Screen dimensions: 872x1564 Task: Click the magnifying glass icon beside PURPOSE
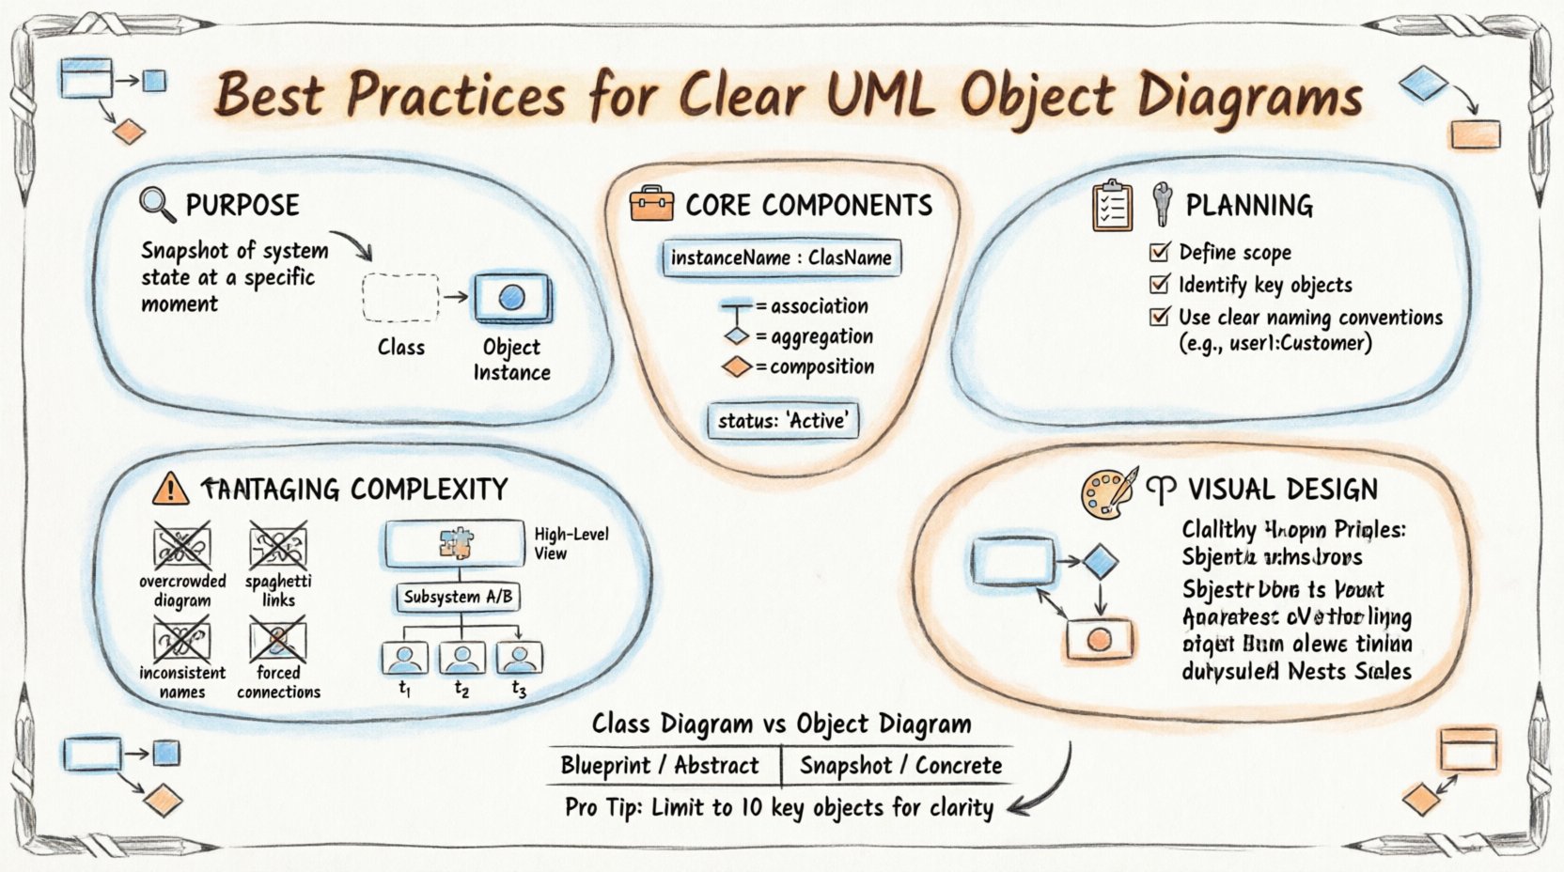pos(155,203)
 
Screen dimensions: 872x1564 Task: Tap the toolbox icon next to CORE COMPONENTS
pos(651,203)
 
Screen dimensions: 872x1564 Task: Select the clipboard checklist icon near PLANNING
pos(1112,206)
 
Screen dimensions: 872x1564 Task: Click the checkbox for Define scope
pos(1160,252)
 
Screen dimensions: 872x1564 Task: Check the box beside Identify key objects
pos(1160,284)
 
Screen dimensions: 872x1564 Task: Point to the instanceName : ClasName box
pos(781,257)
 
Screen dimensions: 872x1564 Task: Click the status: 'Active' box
pos(782,420)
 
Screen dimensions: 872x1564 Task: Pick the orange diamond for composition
pos(736,367)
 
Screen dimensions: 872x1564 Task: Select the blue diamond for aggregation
pos(736,336)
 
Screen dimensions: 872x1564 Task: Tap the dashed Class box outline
pos(400,298)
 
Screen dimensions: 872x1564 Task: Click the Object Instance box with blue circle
pos(511,298)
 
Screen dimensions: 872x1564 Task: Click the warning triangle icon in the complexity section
pos(170,489)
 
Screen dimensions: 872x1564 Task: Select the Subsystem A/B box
pos(458,597)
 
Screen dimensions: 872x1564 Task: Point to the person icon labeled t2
pos(461,657)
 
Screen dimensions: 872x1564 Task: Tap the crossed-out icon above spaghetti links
pos(277,545)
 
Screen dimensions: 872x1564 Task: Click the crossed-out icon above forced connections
pos(277,640)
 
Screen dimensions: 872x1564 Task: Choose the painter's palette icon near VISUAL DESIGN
pos(1106,491)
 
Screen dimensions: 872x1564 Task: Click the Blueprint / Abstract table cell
pos(660,766)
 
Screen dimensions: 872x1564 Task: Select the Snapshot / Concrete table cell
pos(900,766)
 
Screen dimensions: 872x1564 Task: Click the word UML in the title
pos(883,95)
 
